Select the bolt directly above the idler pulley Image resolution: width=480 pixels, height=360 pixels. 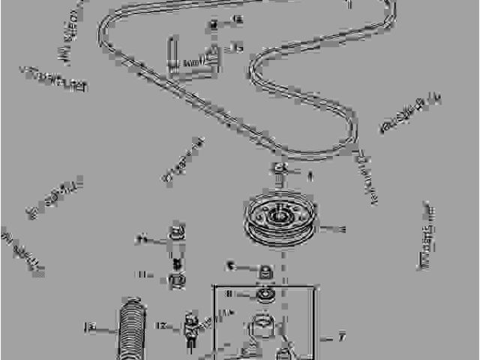coord(279,170)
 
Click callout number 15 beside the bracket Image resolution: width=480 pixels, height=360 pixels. coord(237,49)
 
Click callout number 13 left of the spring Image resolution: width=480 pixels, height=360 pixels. coord(90,327)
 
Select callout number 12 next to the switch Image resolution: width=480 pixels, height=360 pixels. coord(161,325)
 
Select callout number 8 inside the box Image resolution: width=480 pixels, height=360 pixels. coord(229,293)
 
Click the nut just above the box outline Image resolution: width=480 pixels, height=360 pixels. coord(265,269)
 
